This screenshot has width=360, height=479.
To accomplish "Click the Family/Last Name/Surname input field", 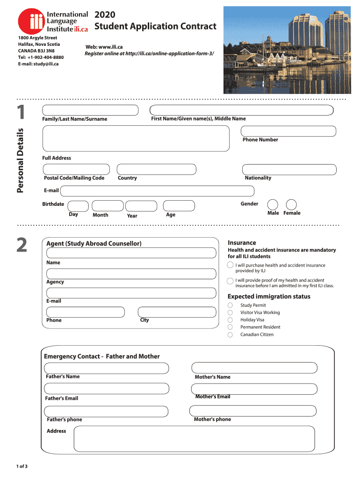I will click(x=90, y=110).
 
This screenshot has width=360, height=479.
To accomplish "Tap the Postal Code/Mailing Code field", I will click(x=76, y=169).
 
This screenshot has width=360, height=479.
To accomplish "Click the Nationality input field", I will click(x=289, y=169).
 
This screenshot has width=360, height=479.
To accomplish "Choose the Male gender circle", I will click(x=273, y=204).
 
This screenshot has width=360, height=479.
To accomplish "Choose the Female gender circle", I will click(x=291, y=204).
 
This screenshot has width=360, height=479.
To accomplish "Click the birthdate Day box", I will click(x=78, y=206).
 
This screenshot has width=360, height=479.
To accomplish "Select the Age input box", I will click(x=178, y=206).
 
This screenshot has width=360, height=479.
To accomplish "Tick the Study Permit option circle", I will click(x=230, y=305).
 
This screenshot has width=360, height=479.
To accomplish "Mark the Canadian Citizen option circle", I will click(x=230, y=335).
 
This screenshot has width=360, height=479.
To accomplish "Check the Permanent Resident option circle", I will click(x=230, y=327).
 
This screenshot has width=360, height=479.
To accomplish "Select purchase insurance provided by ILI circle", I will click(x=230, y=265).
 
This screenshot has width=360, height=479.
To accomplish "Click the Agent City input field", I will click(x=177, y=312).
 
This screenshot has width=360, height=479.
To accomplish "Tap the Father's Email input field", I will click(x=106, y=389).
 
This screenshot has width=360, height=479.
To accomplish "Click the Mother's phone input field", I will click(x=253, y=411).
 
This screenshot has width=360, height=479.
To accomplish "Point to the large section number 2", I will click(x=22, y=245).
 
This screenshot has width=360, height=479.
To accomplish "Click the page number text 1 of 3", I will click(x=22, y=466).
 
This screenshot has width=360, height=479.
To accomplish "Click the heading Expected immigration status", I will click(x=268, y=297).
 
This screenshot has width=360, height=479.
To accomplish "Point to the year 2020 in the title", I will click(x=105, y=15).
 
